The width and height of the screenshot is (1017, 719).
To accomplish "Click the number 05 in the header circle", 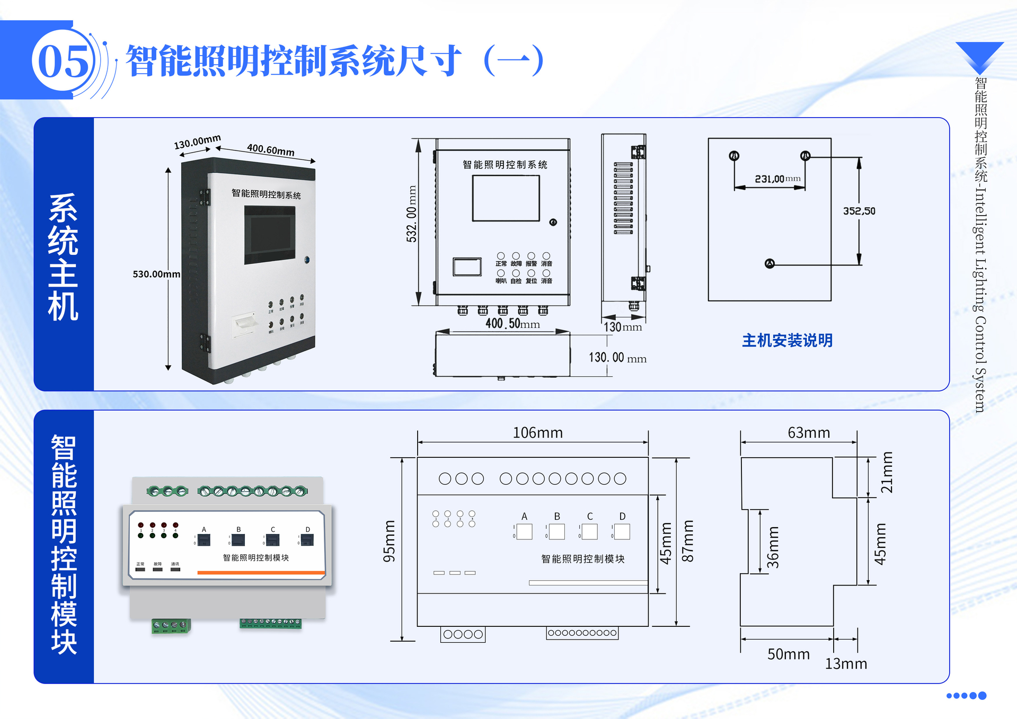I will point(64,61).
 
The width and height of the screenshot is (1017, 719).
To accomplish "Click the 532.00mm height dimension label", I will point(412,214).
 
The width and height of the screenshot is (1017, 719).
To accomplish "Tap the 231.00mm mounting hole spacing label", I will point(777,179).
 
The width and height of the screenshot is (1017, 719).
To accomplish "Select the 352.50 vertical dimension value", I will point(859,211).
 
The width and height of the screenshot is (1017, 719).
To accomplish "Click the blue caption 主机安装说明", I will point(787,340).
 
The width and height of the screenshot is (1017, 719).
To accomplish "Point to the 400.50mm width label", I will point(512,323).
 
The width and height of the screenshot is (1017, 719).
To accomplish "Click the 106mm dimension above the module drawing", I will point(537,433).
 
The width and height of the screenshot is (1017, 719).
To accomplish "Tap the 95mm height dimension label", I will point(390,541).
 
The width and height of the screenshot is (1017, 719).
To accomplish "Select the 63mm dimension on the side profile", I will point(809,433).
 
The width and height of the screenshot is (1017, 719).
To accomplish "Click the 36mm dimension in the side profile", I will point(774,547).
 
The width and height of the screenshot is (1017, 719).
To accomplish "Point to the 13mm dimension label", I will point(846,664).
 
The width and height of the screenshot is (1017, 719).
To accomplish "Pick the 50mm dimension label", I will point(789,654).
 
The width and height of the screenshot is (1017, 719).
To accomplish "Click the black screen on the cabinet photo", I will point(270,235).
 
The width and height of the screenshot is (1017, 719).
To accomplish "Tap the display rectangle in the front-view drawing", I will point(506,198).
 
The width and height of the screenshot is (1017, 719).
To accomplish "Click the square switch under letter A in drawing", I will point(524,531).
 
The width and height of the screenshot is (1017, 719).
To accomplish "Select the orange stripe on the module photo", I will point(261,572).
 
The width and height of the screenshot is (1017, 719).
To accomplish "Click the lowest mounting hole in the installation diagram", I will point(770,264).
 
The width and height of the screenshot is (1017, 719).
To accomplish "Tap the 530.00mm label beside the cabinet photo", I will point(156,274).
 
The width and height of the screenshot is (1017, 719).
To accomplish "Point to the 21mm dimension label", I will point(887,472).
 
